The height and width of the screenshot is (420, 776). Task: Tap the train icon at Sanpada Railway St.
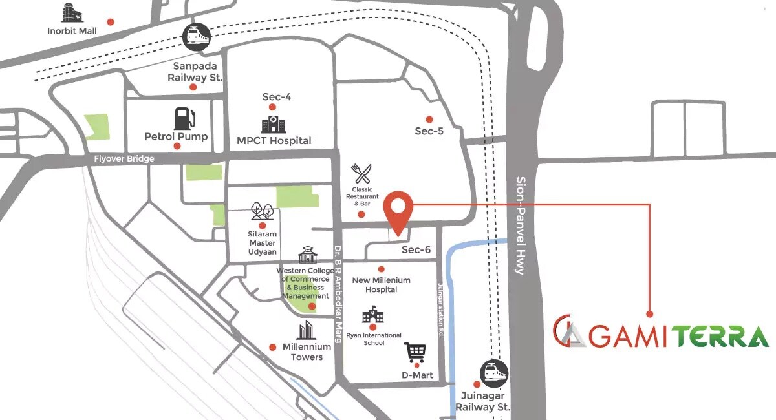pos(196,37)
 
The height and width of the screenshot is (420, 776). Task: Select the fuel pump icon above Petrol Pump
pos(184,119)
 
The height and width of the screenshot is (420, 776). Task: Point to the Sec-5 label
pos(429,131)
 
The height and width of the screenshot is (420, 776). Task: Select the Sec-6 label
pos(416,250)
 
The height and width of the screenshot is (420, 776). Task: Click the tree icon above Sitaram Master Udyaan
pos(262,212)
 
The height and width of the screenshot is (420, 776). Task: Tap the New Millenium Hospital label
pos(381,285)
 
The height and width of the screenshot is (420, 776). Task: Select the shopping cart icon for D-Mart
pos(415,353)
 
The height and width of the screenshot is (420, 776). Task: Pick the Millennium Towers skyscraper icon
pos(306,330)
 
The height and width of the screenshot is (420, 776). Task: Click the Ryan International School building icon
pos(372,316)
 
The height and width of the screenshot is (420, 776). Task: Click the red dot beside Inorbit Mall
pos(111,21)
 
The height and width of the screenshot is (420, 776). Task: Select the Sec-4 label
pos(277,97)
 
